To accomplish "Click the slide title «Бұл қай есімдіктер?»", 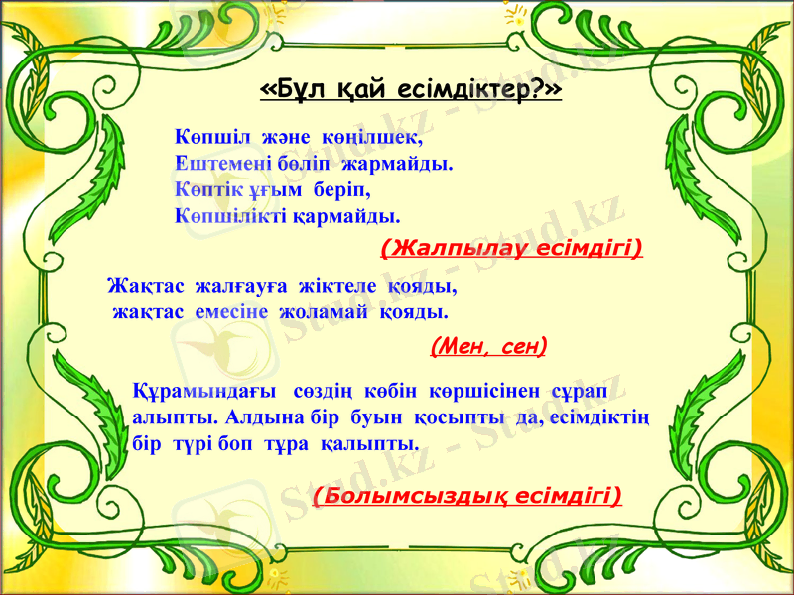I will pyautogui.click(x=410, y=91).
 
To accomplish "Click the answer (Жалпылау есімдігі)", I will pyautogui.click(x=511, y=246).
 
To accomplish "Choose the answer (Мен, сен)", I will pyautogui.click(x=488, y=345).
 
